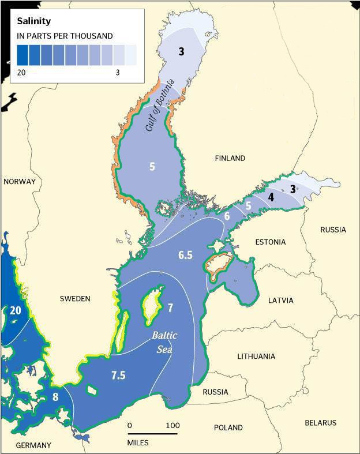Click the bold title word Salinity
[34, 21]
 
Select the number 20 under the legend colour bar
[21, 73]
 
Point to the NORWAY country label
[20, 182]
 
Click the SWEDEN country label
[75, 298]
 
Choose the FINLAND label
[230, 158]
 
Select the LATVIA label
[281, 301]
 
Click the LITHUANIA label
[256, 356]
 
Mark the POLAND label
[228, 427]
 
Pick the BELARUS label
[320, 423]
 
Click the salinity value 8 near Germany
[55, 397]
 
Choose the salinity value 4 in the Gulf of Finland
[271, 197]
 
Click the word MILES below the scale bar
[137, 442]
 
